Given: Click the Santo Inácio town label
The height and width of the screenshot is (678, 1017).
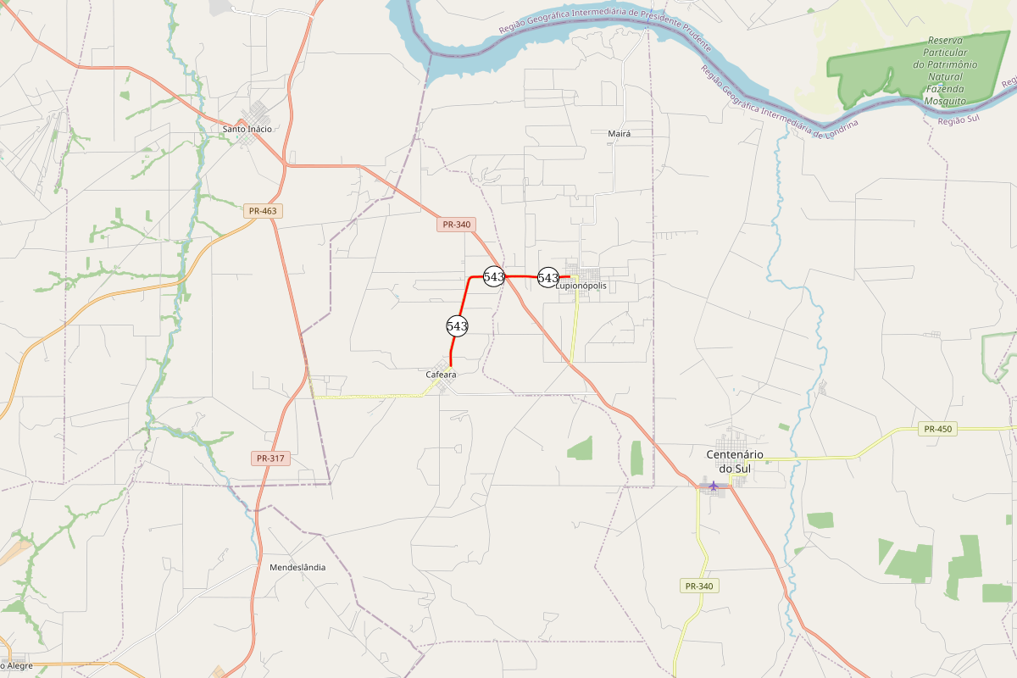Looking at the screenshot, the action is tap(247, 129).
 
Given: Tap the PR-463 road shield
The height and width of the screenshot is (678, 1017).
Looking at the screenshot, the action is tap(263, 211).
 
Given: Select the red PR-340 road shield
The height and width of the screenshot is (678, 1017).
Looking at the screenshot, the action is tap(456, 225).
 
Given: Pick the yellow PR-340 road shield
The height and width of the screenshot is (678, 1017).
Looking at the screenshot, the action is tap(699, 586).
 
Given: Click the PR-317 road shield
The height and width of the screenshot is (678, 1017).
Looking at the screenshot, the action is tap(271, 458).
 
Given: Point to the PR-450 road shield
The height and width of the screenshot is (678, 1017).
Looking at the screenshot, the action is tap(938, 429).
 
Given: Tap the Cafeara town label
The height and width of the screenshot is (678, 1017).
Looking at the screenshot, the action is tap(441, 375).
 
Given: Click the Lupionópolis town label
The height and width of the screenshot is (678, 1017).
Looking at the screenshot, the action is tap(581, 286).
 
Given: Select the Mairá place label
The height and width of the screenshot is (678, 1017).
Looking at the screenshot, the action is tap(620, 134).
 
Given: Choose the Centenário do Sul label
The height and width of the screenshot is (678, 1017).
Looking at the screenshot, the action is tap(735, 461).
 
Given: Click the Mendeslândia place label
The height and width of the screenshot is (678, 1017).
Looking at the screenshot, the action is tap(297, 568).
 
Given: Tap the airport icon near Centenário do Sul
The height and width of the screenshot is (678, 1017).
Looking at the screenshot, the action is tap(714, 486).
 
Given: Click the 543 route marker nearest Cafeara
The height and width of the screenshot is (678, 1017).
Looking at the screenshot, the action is tap(457, 325).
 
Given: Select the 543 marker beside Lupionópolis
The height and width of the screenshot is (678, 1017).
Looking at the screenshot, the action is tap(548, 277).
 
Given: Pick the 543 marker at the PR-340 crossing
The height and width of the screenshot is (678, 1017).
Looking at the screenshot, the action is tap(494, 276).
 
